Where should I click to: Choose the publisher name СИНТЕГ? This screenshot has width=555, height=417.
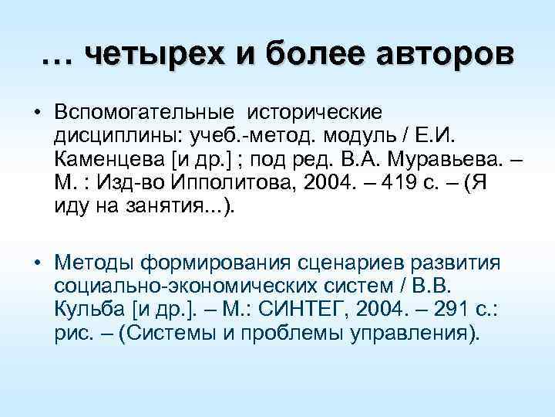pos(306,311)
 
